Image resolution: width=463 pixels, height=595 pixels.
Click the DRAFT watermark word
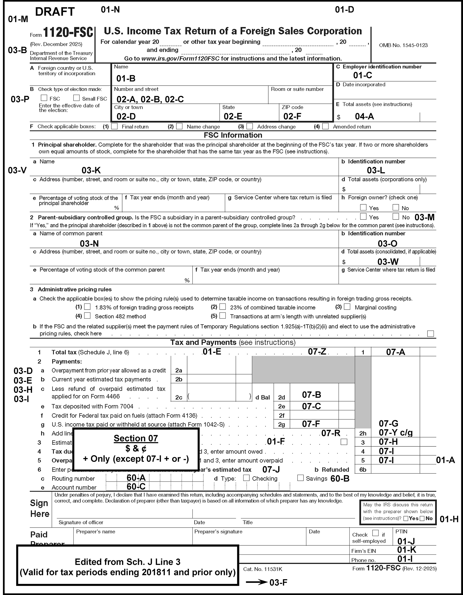click(x=55, y=12)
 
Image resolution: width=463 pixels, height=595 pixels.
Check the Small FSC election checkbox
click(x=76, y=98)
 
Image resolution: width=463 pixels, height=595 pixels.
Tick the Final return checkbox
click(x=115, y=126)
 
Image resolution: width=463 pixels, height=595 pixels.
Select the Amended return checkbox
click(x=325, y=126)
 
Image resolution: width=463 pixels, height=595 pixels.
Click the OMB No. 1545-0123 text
click(x=403, y=45)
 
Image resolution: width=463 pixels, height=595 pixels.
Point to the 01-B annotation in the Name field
click(x=126, y=79)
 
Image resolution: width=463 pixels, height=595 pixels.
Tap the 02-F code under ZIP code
click(x=292, y=117)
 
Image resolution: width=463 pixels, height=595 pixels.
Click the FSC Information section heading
click(x=233, y=135)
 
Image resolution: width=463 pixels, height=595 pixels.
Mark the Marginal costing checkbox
click(x=347, y=307)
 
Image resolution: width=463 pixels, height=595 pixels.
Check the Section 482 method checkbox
click(x=87, y=316)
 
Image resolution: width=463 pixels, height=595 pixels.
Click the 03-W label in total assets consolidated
click(x=388, y=262)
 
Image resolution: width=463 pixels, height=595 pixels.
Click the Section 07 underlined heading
click(x=136, y=438)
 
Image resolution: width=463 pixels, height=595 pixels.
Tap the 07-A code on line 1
click(x=395, y=352)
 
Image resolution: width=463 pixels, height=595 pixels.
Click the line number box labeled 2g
click(x=281, y=424)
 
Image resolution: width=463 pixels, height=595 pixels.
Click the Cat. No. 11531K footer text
click(x=262, y=569)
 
